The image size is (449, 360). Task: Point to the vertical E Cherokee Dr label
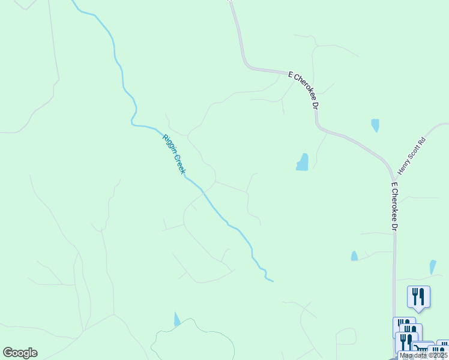[394, 207]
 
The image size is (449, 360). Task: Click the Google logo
[20, 353]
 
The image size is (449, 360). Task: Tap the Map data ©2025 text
[424, 355]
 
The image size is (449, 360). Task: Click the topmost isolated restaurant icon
[418, 297]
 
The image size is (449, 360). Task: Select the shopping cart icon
[422, 349]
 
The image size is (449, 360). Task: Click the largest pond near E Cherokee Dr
[303, 162]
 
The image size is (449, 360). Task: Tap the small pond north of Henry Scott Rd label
[375, 125]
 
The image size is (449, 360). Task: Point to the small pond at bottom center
[176, 319]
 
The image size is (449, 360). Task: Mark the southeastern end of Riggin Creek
[273, 280]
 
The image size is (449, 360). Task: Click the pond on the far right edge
[432, 266]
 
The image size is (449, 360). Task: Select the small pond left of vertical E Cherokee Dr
[354, 256]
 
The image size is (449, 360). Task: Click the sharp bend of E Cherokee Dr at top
[247, 65]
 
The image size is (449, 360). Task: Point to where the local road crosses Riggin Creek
[203, 191]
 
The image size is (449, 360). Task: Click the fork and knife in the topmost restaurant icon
[418, 296]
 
